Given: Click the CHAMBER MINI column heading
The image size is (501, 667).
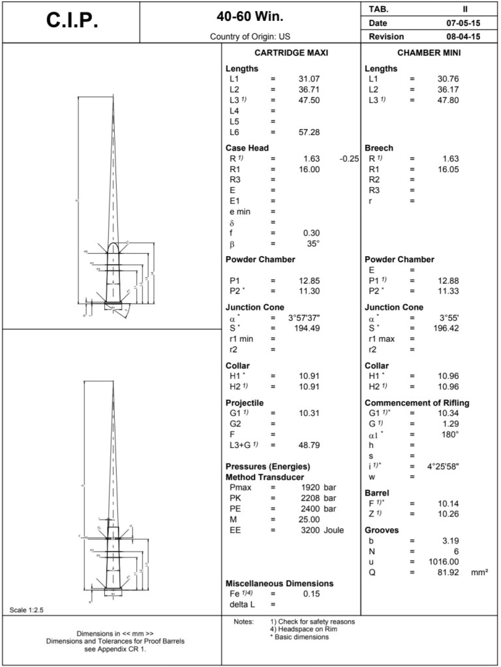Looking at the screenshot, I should click(x=429, y=53).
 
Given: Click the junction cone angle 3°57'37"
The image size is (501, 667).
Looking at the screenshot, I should click(x=304, y=318).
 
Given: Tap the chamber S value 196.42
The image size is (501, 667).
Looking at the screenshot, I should click(x=448, y=328).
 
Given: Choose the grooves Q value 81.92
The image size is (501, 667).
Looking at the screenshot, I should click(x=448, y=572).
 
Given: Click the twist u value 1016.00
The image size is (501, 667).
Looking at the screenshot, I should click(x=444, y=562).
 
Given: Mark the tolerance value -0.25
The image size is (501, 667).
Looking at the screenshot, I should click(x=349, y=159).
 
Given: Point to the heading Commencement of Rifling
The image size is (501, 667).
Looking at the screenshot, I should click(x=416, y=403).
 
